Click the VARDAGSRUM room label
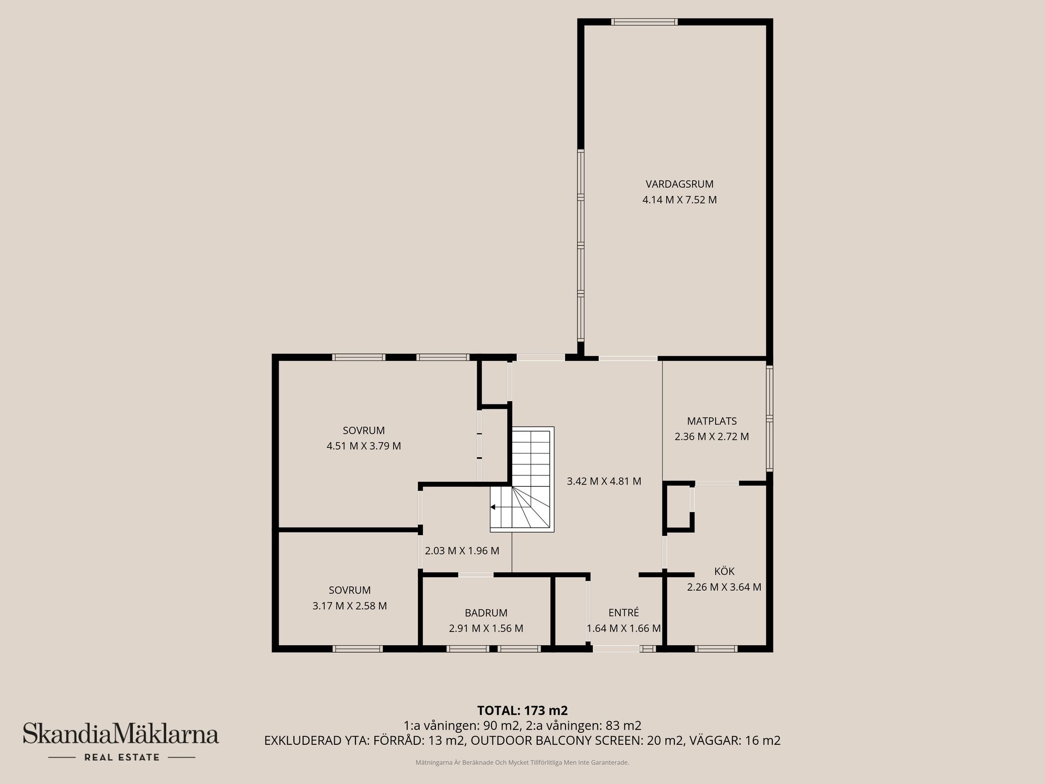pyautogui.click(x=679, y=184)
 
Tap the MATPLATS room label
pyautogui.click(x=711, y=421)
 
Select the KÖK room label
pyautogui.click(x=724, y=571)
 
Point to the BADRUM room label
pyautogui.click(x=486, y=612)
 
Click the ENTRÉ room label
pyautogui.click(x=624, y=612)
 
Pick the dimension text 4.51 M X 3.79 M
pyautogui.click(x=364, y=446)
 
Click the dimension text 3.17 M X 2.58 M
pyautogui.click(x=349, y=605)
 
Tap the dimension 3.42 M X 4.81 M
pyautogui.click(x=604, y=481)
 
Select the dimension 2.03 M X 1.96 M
pyautogui.click(x=462, y=550)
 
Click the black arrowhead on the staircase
pyautogui.click(x=493, y=507)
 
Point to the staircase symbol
pyautogui.click(x=522, y=479)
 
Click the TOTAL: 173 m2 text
pyautogui.click(x=522, y=710)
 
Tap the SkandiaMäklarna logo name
pyautogui.click(x=121, y=733)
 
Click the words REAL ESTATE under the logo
pyautogui.click(x=122, y=757)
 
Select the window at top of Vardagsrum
pyautogui.click(x=644, y=22)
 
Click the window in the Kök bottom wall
pyautogui.click(x=716, y=648)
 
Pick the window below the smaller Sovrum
pyautogui.click(x=358, y=648)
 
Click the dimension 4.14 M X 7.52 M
pyautogui.click(x=679, y=200)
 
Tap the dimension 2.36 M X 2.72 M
pyautogui.click(x=711, y=437)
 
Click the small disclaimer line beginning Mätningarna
pyautogui.click(x=522, y=763)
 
